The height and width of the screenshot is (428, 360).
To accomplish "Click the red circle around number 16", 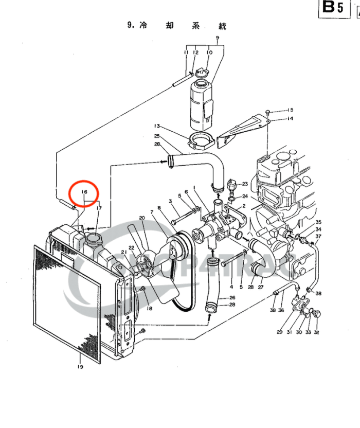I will pyautogui.click(x=83, y=192).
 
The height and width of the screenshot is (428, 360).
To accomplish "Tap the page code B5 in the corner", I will pyautogui.click(x=333, y=8).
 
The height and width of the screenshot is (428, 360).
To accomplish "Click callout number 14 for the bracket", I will pyautogui.click(x=291, y=118).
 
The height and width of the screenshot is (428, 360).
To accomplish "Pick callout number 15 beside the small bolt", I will pyautogui.click(x=291, y=110).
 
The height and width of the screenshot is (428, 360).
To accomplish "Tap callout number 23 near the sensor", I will pyautogui.click(x=245, y=184).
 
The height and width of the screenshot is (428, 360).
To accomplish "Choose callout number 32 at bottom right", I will pyautogui.click(x=316, y=332).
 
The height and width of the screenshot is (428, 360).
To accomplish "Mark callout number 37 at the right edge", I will pyautogui.click(x=318, y=237).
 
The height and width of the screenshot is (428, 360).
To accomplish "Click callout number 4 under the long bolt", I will pyautogui.click(x=232, y=287).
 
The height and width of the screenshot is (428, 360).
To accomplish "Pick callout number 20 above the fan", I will pyautogui.click(x=142, y=218).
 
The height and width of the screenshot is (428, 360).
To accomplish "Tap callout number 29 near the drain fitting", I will pyautogui.click(x=280, y=332).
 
